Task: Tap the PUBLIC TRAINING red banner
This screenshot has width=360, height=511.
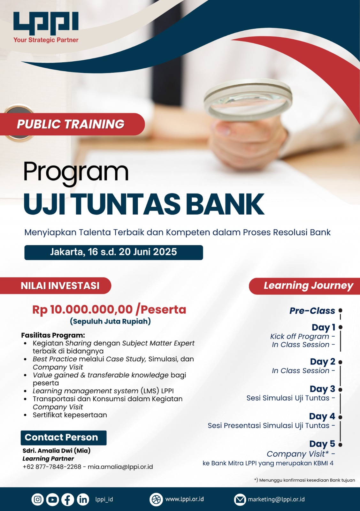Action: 72,124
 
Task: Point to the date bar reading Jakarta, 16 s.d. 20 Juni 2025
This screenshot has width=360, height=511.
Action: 114,252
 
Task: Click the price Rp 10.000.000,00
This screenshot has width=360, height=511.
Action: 82,309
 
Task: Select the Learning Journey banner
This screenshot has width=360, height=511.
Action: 304,286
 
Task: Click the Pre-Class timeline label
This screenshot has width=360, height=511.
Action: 312,311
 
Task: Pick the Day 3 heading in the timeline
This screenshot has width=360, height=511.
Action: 322,389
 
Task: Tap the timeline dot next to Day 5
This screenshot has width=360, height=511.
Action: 341,445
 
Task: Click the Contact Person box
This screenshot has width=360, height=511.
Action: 64,438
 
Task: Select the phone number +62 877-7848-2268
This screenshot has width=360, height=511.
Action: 52,467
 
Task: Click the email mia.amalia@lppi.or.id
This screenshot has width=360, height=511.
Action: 120,467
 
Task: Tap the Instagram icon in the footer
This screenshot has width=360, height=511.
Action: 37,500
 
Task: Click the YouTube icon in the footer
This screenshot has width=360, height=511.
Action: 52,500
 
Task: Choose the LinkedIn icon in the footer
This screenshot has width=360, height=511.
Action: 83,500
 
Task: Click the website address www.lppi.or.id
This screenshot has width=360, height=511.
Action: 184,499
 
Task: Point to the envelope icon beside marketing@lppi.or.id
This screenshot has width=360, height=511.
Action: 240,500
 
